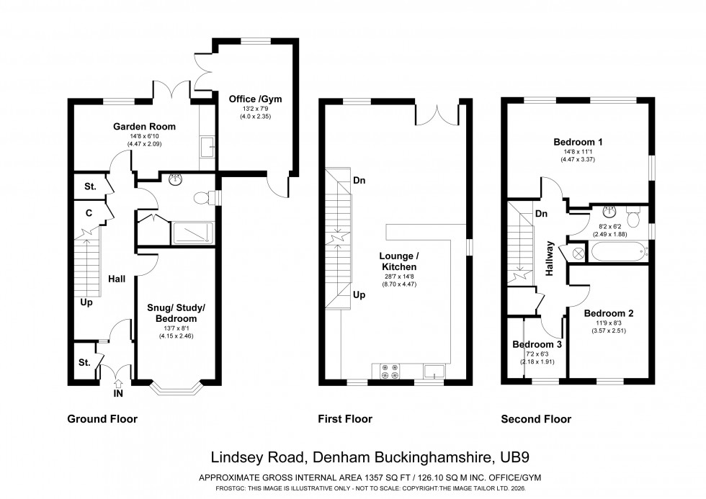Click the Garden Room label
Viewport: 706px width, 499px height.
(144, 126)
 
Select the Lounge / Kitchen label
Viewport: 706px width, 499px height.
(401, 261)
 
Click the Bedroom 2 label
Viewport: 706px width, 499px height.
(609, 313)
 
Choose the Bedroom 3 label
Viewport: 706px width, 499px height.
(537, 344)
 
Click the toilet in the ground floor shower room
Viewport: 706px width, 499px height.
(206, 197)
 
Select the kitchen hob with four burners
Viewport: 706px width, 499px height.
(390, 370)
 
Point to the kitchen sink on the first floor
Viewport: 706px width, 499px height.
(435, 371)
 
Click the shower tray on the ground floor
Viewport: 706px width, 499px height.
(192, 233)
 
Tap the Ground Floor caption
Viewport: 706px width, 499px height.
(102, 419)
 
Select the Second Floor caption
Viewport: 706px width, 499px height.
(536, 419)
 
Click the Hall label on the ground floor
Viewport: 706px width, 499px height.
(118, 278)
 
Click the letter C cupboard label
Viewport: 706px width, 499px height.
(89, 212)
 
